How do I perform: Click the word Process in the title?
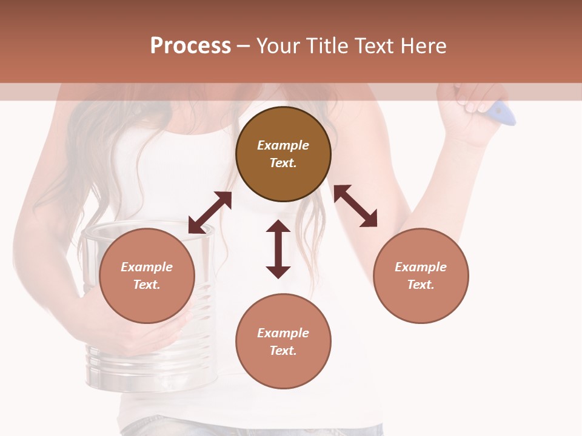[x=190, y=46]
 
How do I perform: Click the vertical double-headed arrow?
[x=278, y=249]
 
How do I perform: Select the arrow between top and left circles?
[x=210, y=212]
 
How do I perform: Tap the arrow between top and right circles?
[x=356, y=206]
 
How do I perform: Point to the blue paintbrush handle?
[x=503, y=113]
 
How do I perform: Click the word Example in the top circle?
[x=283, y=145]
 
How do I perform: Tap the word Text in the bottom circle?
[x=283, y=351]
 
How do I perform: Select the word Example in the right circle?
[x=421, y=267]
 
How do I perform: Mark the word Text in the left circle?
[x=146, y=285]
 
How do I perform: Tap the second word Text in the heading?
[x=373, y=46]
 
